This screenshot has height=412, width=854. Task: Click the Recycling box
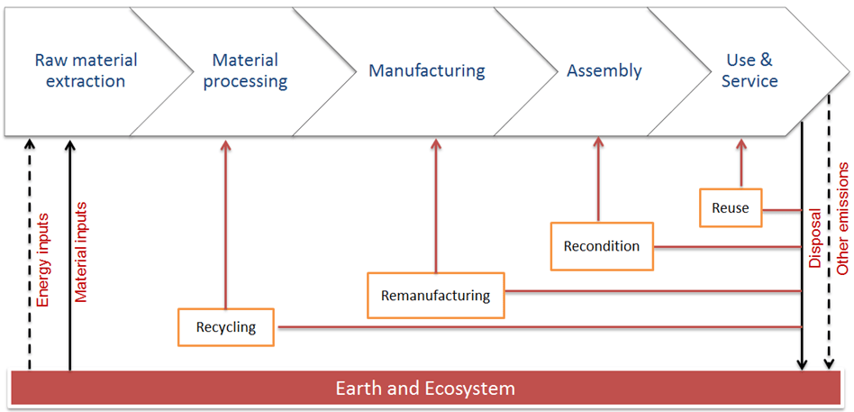point(226,327)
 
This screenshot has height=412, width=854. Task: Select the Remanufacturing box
point(435,296)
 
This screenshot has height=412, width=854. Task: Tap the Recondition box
point(601,246)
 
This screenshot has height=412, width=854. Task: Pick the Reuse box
point(730,208)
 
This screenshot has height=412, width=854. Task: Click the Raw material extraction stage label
point(86,71)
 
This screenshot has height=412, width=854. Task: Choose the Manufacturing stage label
point(426,70)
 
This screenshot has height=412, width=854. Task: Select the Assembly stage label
point(604,70)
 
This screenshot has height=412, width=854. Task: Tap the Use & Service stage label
point(750,71)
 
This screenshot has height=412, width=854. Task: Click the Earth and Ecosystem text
point(425,389)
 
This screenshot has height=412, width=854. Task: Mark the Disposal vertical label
point(815,239)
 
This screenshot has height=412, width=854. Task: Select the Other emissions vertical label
point(843,219)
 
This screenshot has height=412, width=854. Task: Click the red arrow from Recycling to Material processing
point(225,225)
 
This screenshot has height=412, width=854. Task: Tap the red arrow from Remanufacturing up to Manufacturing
point(435,207)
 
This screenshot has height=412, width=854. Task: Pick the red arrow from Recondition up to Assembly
point(597,180)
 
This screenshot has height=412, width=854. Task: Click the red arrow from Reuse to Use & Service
point(740,164)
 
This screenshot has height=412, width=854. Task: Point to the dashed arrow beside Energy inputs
point(29,252)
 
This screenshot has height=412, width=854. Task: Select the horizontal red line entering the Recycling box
point(541,326)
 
